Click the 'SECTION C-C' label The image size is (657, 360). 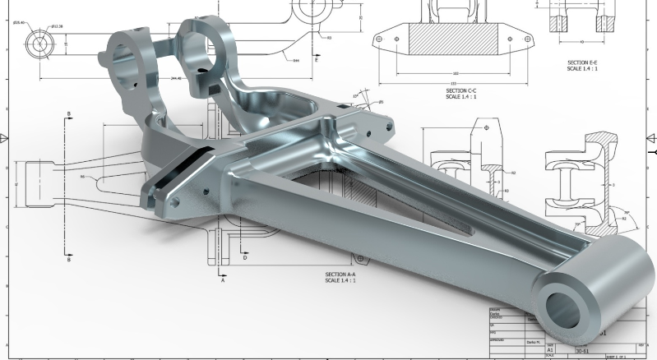click(x=461, y=91)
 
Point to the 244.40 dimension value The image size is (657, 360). click(x=177, y=79)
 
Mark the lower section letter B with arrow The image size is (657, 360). click(x=69, y=261)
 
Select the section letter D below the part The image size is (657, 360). click(x=245, y=257)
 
